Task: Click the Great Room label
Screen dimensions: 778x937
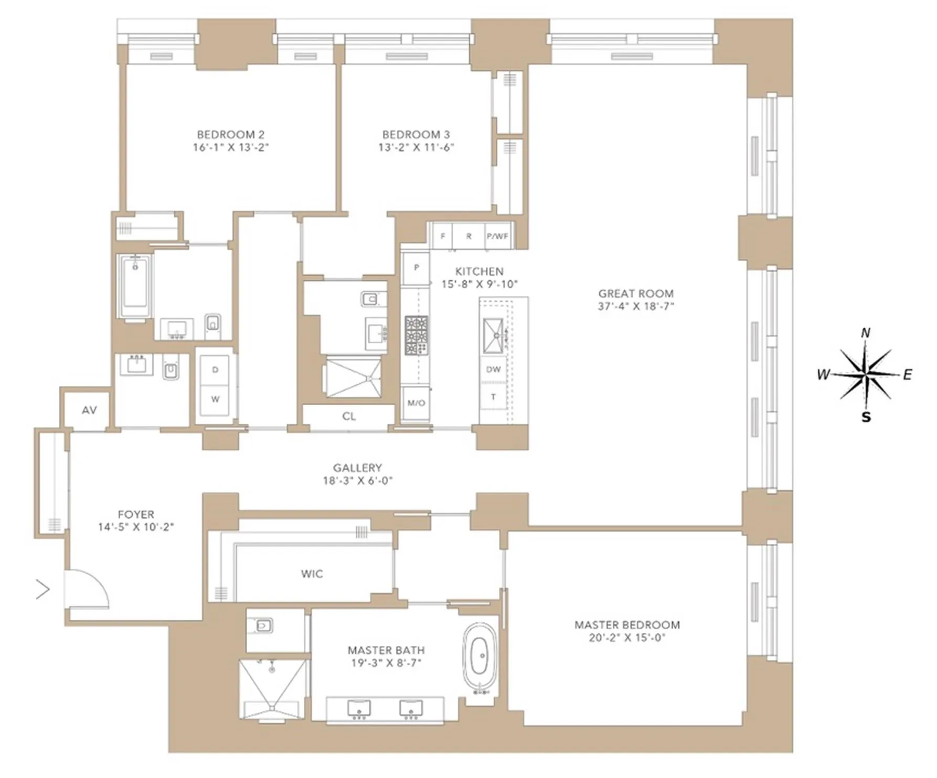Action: pos(635,294)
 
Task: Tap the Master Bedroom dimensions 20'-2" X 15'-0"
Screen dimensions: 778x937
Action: pos(627,637)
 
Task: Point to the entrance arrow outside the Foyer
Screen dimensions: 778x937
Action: pos(43,589)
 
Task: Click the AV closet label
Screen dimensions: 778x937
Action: pos(89,410)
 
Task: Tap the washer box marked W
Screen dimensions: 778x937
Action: pos(215,399)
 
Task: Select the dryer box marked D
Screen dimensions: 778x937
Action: pos(215,370)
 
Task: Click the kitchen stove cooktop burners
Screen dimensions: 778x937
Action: pos(416,336)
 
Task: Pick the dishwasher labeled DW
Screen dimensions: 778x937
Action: pos(493,369)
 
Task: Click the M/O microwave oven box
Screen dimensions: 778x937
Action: pos(416,403)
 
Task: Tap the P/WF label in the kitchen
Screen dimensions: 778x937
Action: pos(497,236)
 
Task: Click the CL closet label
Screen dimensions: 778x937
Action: pos(349,416)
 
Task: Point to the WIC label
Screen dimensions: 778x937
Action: pos(312,574)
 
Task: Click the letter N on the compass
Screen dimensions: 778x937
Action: pos(866,333)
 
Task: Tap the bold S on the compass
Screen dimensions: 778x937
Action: pos(866,417)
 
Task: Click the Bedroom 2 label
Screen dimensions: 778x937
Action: pos(230,134)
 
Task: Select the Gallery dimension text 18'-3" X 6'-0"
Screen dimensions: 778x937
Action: pos(357,480)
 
